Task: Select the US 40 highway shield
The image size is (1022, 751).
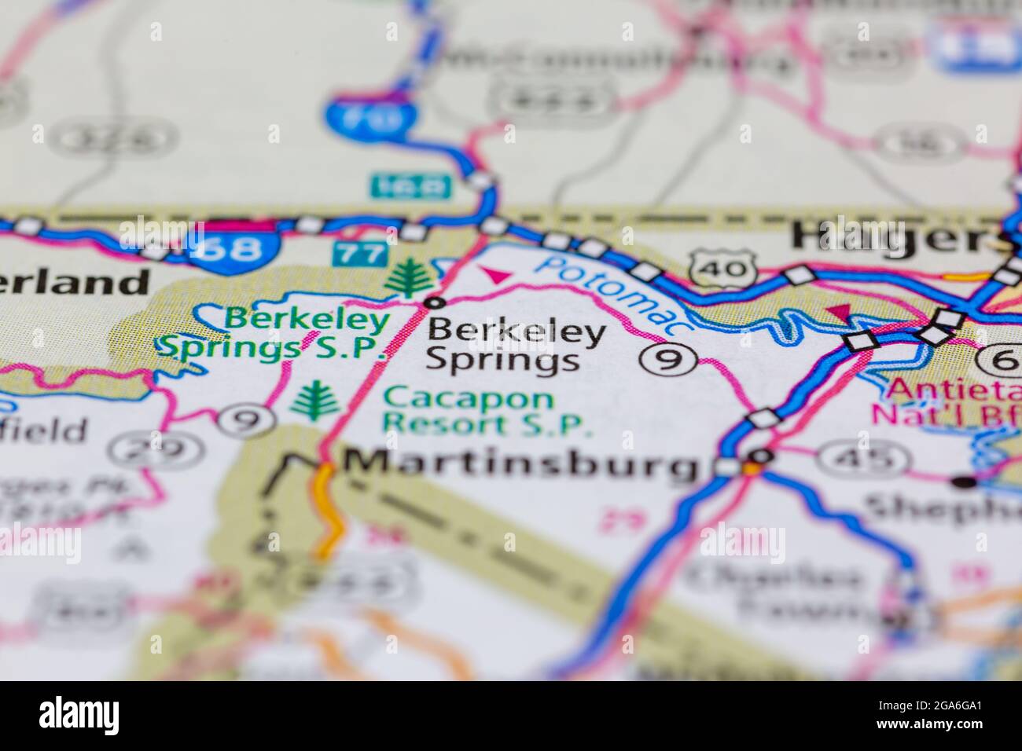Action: click(721, 268)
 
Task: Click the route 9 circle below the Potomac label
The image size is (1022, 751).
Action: click(668, 360)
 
